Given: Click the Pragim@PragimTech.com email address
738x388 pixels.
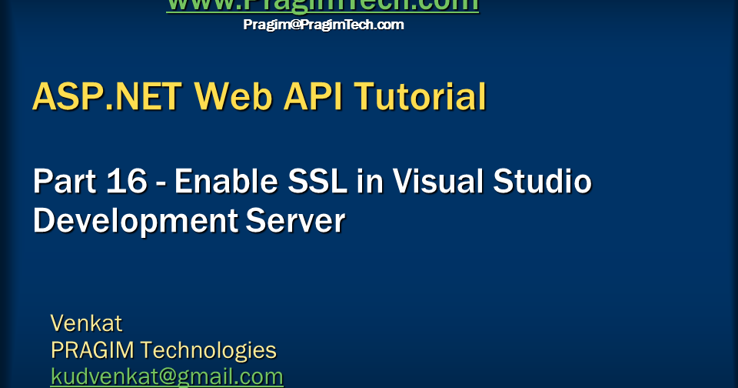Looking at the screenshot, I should point(323,25).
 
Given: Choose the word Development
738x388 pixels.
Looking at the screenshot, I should point(135,221).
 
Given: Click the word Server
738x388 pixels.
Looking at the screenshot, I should point(295,221).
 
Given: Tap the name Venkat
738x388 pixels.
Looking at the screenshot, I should point(86,322).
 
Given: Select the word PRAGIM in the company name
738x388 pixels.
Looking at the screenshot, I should point(91,350).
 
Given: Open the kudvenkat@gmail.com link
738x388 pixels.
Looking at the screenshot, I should point(167,377).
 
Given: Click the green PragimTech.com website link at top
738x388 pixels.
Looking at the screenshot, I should point(323,5).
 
